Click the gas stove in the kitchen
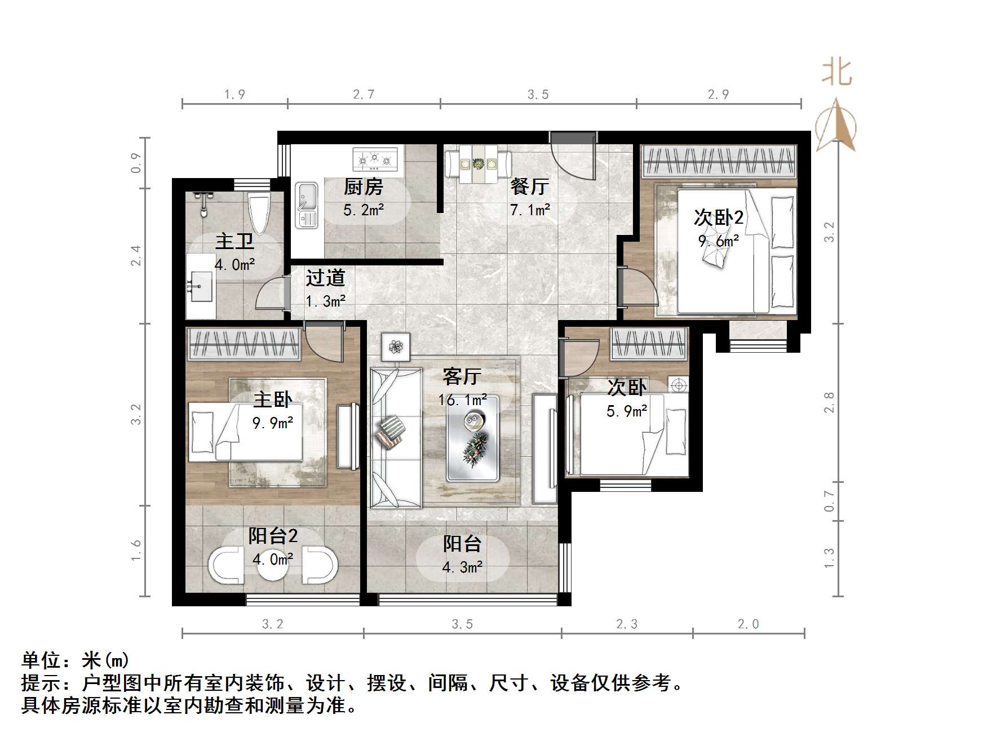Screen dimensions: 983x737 click(375, 159)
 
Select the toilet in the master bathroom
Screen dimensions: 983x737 click(260, 212)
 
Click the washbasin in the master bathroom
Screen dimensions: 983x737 click(200, 287)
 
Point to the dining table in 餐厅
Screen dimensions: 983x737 click(478, 164)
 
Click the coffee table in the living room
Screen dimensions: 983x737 click(473, 438)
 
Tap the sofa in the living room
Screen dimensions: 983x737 click(396, 438)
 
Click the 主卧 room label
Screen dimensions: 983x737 click(273, 399)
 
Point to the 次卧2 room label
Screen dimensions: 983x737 click(719, 217)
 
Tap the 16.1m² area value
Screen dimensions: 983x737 click(463, 400)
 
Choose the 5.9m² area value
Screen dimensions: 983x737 click(627, 411)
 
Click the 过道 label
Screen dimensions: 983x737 click(325, 278)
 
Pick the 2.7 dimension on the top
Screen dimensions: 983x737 click(364, 95)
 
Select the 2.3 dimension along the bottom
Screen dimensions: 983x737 click(627, 624)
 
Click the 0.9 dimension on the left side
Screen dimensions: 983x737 click(136, 163)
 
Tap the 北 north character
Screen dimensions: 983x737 click(836, 73)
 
